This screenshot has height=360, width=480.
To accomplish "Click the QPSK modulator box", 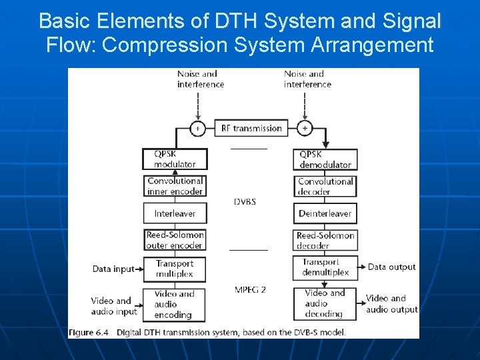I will pyautogui.click(x=175, y=159).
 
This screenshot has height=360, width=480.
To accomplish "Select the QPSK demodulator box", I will pyautogui.click(x=325, y=159).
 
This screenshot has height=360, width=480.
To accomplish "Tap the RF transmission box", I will pyautogui.click(x=251, y=128).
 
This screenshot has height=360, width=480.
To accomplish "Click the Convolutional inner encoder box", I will pyautogui.click(x=175, y=186).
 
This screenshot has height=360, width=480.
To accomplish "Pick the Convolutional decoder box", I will pyautogui.click(x=325, y=187).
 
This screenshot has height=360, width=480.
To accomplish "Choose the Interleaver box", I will pyautogui.click(x=175, y=213).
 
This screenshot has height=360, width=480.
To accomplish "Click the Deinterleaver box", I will pyautogui.click(x=325, y=213).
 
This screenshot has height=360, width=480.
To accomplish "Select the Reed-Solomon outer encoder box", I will pyautogui.click(x=175, y=240).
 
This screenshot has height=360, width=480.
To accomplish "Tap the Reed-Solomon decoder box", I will pyautogui.click(x=325, y=240).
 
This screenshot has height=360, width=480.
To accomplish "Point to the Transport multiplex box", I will pyautogui.click(x=175, y=269).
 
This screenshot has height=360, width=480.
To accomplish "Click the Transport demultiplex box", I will pyautogui.click(x=325, y=267).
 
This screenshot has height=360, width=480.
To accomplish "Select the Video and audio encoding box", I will pyautogui.click(x=175, y=304).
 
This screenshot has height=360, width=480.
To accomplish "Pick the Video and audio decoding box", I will pyautogui.click(x=325, y=303).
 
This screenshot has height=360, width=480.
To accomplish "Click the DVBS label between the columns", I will pyautogui.click(x=245, y=201).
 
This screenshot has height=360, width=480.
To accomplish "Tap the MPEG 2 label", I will pyautogui.click(x=250, y=289).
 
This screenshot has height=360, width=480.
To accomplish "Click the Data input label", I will pyautogui.click(x=113, y=269).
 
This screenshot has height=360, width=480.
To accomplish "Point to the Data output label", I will pyautogui.click(x=391, y=267).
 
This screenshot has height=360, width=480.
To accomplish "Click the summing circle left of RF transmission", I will pyautogui.click(x=197, y=128).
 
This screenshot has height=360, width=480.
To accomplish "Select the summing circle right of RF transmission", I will pyautogui.click(x=305, y=127).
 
